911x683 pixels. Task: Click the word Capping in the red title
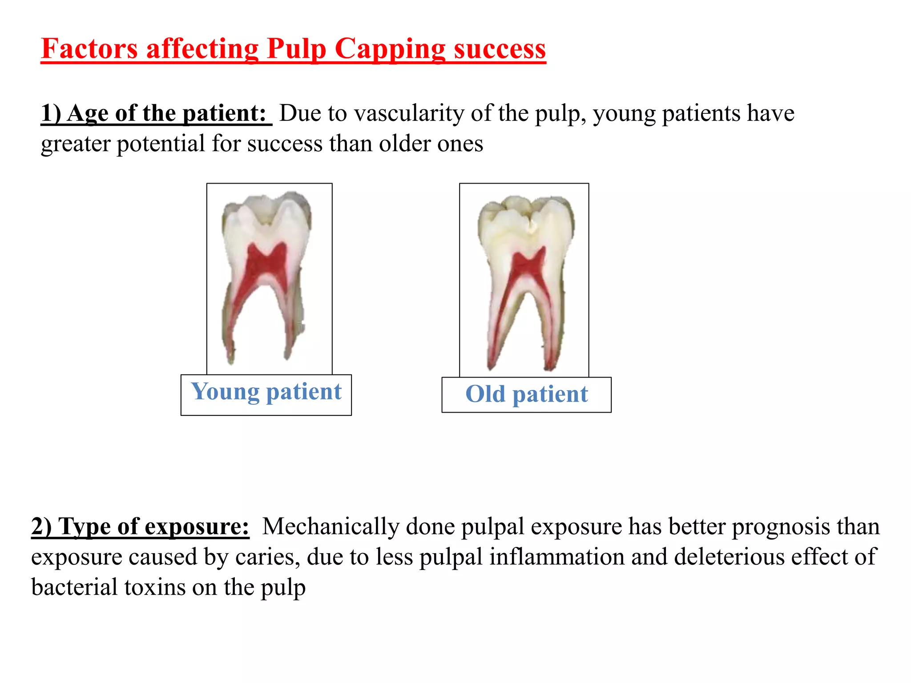coord(389,49)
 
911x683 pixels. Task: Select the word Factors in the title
coord(89,49)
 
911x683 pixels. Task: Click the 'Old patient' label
coord(526,394)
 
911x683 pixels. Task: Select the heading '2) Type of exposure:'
coord(140,527)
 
